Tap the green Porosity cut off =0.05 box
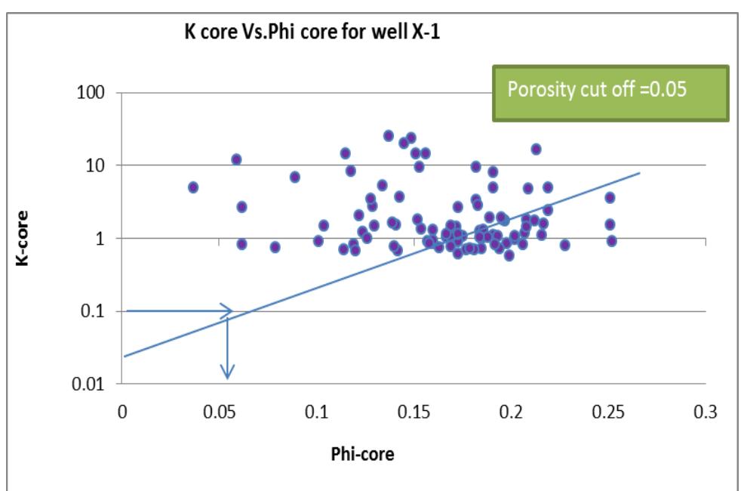click(610, 93)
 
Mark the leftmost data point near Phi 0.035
click(193, 187)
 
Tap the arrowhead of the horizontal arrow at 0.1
click(227, 310)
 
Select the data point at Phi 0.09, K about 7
click(295, 177)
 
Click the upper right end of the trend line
click(639, 173)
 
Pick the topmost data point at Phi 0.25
click(610, 198)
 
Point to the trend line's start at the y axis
click(124, 356)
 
